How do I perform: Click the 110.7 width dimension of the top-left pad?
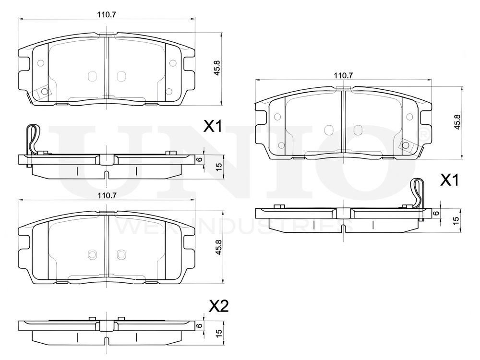coord(107,14)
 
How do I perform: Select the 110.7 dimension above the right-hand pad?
coord(343,75)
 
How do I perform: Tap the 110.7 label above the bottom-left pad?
coord(107,195)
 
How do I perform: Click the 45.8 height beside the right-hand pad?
coord(457,122)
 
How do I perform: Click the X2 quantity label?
coord(218,306)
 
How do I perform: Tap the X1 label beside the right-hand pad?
coord(449,180)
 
